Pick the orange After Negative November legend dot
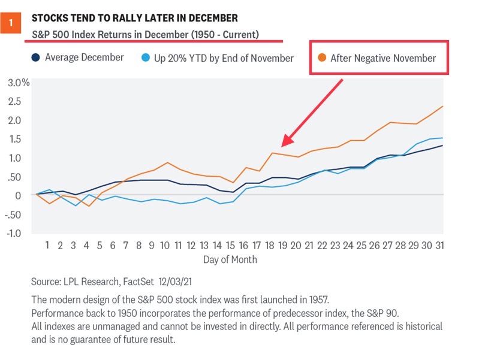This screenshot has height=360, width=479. coord(322,58)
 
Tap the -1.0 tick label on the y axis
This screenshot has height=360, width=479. coord(16,233)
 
